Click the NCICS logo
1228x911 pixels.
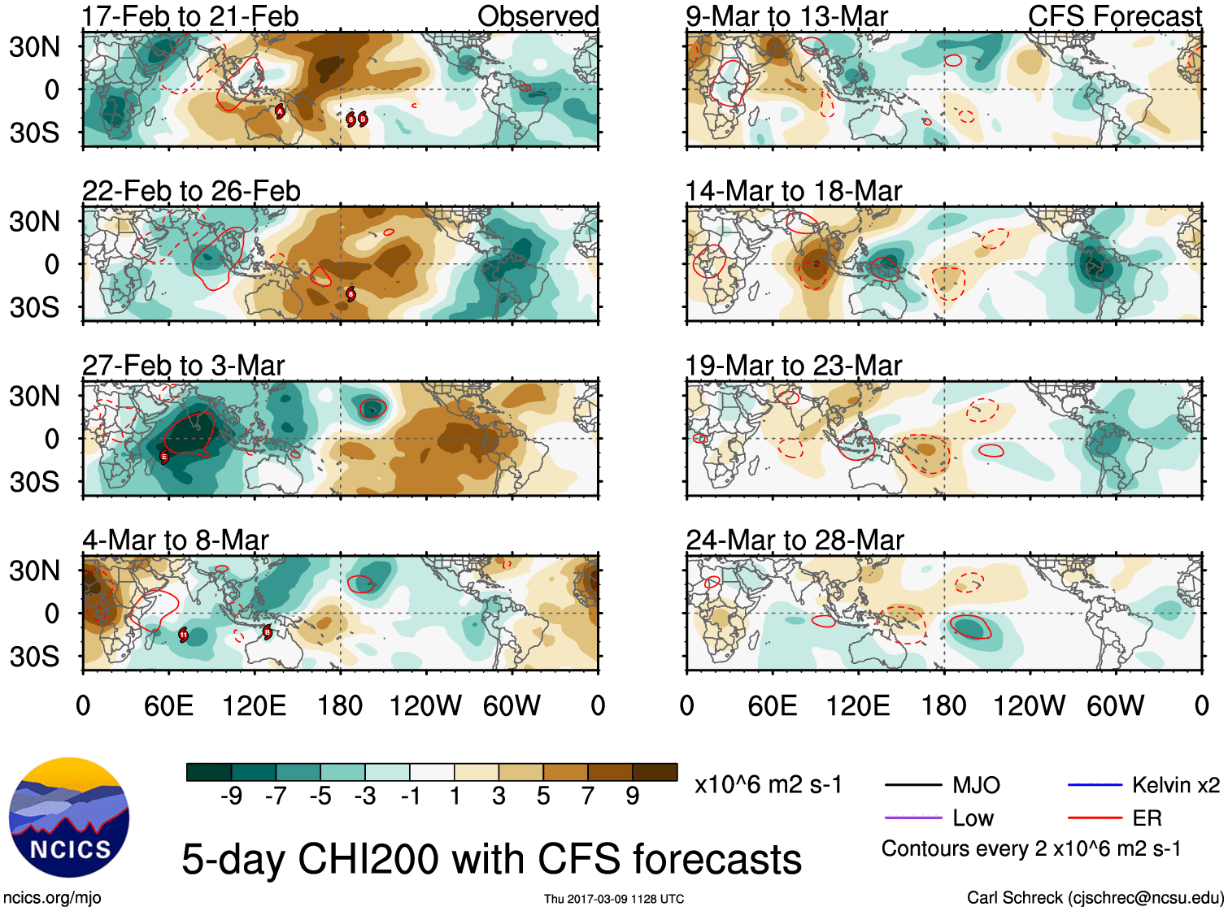click(69, 818)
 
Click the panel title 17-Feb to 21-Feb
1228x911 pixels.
click(190, 16)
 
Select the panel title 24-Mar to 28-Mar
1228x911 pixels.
click(795, 540)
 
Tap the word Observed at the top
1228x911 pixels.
click(538, 16)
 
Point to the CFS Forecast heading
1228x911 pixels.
click(1114, 16)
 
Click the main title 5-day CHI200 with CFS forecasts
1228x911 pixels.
click(491, 860)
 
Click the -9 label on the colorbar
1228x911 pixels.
click(231, 796)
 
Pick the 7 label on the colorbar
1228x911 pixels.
click(588, 796)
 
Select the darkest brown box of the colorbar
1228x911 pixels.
click(655, 772)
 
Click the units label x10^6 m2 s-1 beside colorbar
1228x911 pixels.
click(769, 785)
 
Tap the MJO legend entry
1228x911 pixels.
click(976, 785)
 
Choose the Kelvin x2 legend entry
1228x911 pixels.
click(1175, 785)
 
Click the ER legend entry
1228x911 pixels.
click(1147, 818)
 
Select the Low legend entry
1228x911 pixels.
click(973, 818)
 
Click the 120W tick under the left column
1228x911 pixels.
click(425, 705)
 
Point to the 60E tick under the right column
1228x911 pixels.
click(772, 705)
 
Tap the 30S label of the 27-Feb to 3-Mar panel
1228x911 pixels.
click(34, 482)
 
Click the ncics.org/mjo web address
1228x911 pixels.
click(52, 898)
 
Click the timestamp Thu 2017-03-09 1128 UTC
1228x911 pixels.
click(614, 899)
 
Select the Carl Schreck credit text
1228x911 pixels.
click(1095, 898)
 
